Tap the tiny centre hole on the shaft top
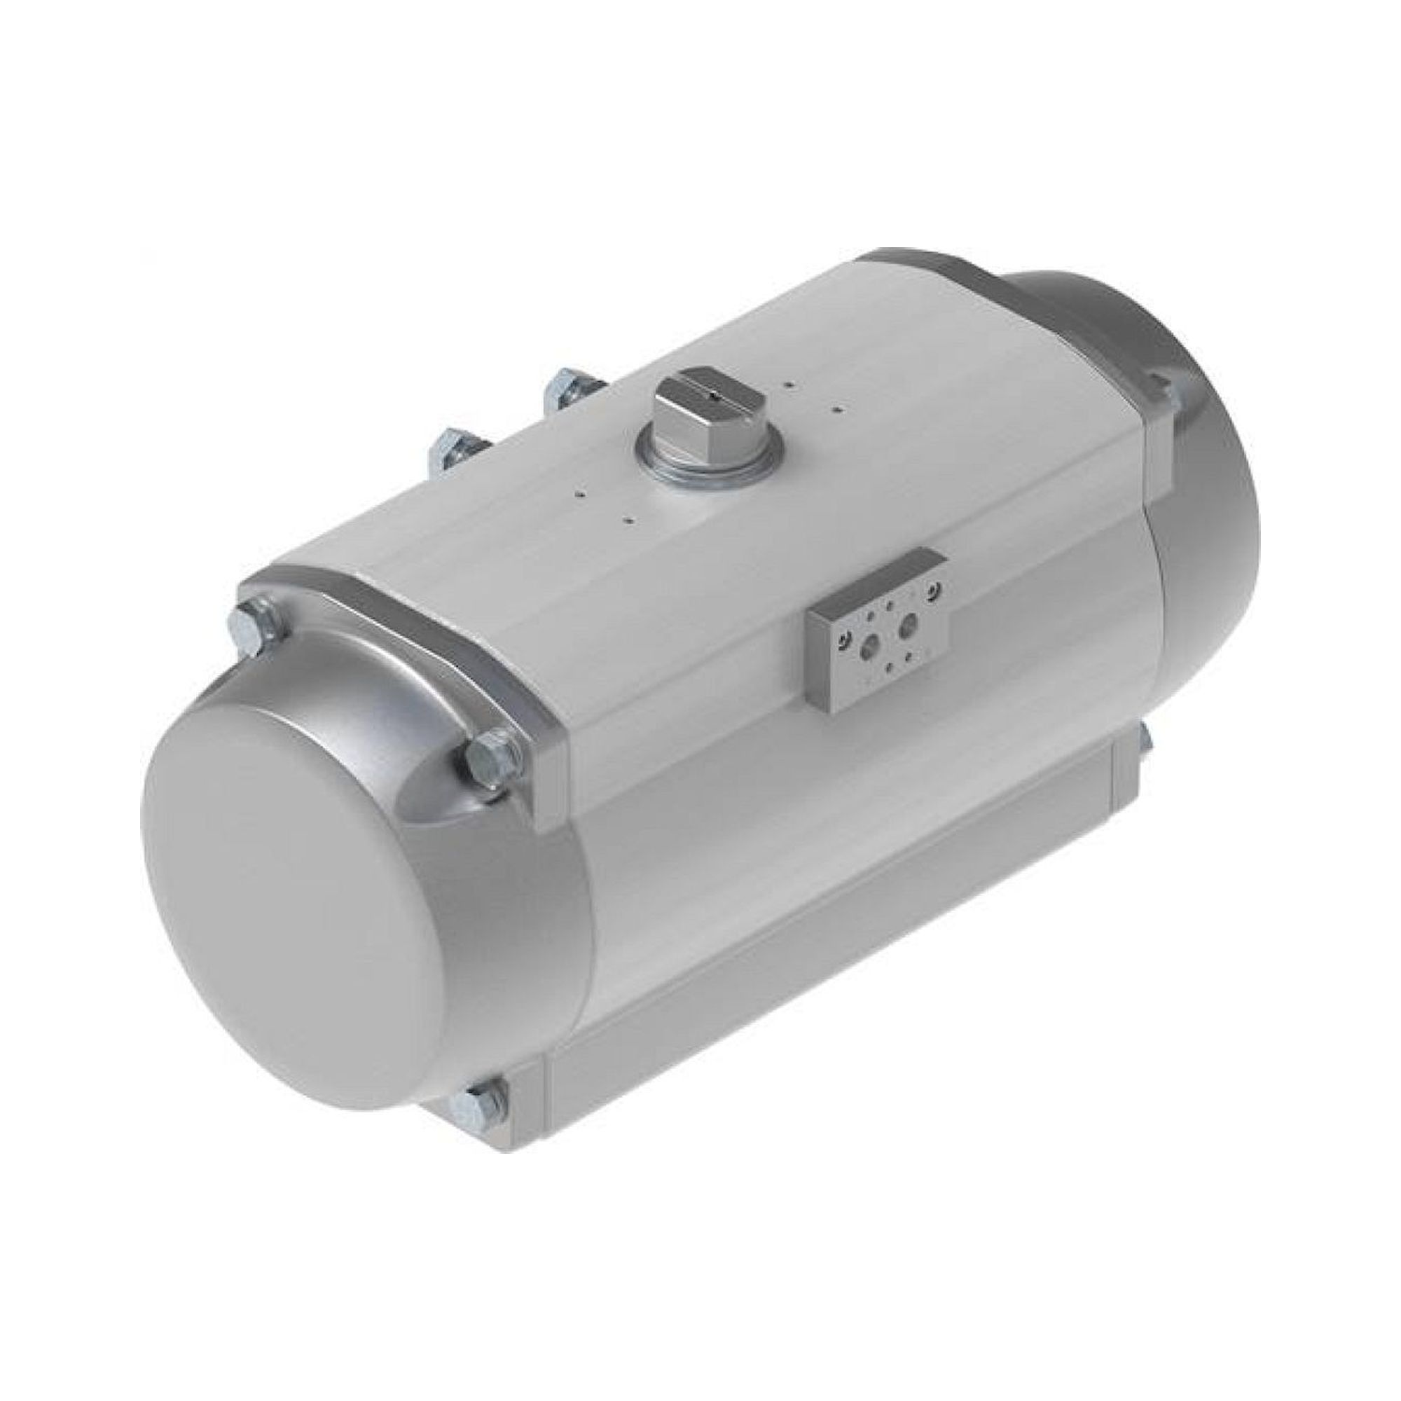[x=715, y=396]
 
